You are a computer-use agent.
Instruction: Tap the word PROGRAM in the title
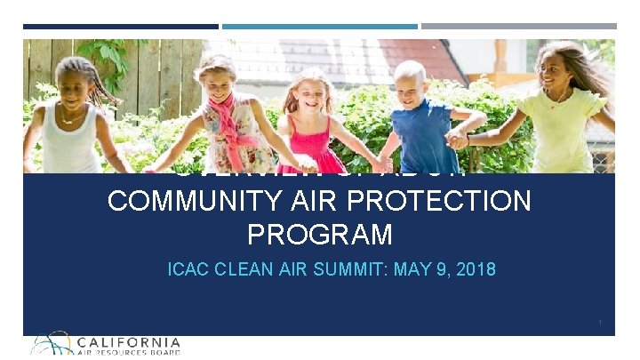pyautogui.click(x=319, y=235)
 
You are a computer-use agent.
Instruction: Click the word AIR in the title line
pyautogui.click(x=308, y=202)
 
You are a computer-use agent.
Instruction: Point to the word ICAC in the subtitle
pyautogui.click(x=186, y=268)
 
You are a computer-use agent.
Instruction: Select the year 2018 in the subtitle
pyautogui.click(x=476, y=268)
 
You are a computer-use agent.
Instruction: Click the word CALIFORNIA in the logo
pyautogui.click(x=129, y=341)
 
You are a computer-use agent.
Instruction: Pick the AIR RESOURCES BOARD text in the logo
pyautogui.click(x=129, y=352)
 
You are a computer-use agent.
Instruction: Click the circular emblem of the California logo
pyautogui.click(x=52, y=344)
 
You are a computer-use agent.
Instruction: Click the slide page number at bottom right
pyautogui.click(x=601, y=322)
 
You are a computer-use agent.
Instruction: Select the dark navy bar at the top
pyautogui.click(x=120, y=27)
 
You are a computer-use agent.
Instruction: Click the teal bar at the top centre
pyautogui.click(x=319, y=27)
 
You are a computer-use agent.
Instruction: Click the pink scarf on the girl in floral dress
pyautogui.click(x=222, y=124)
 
